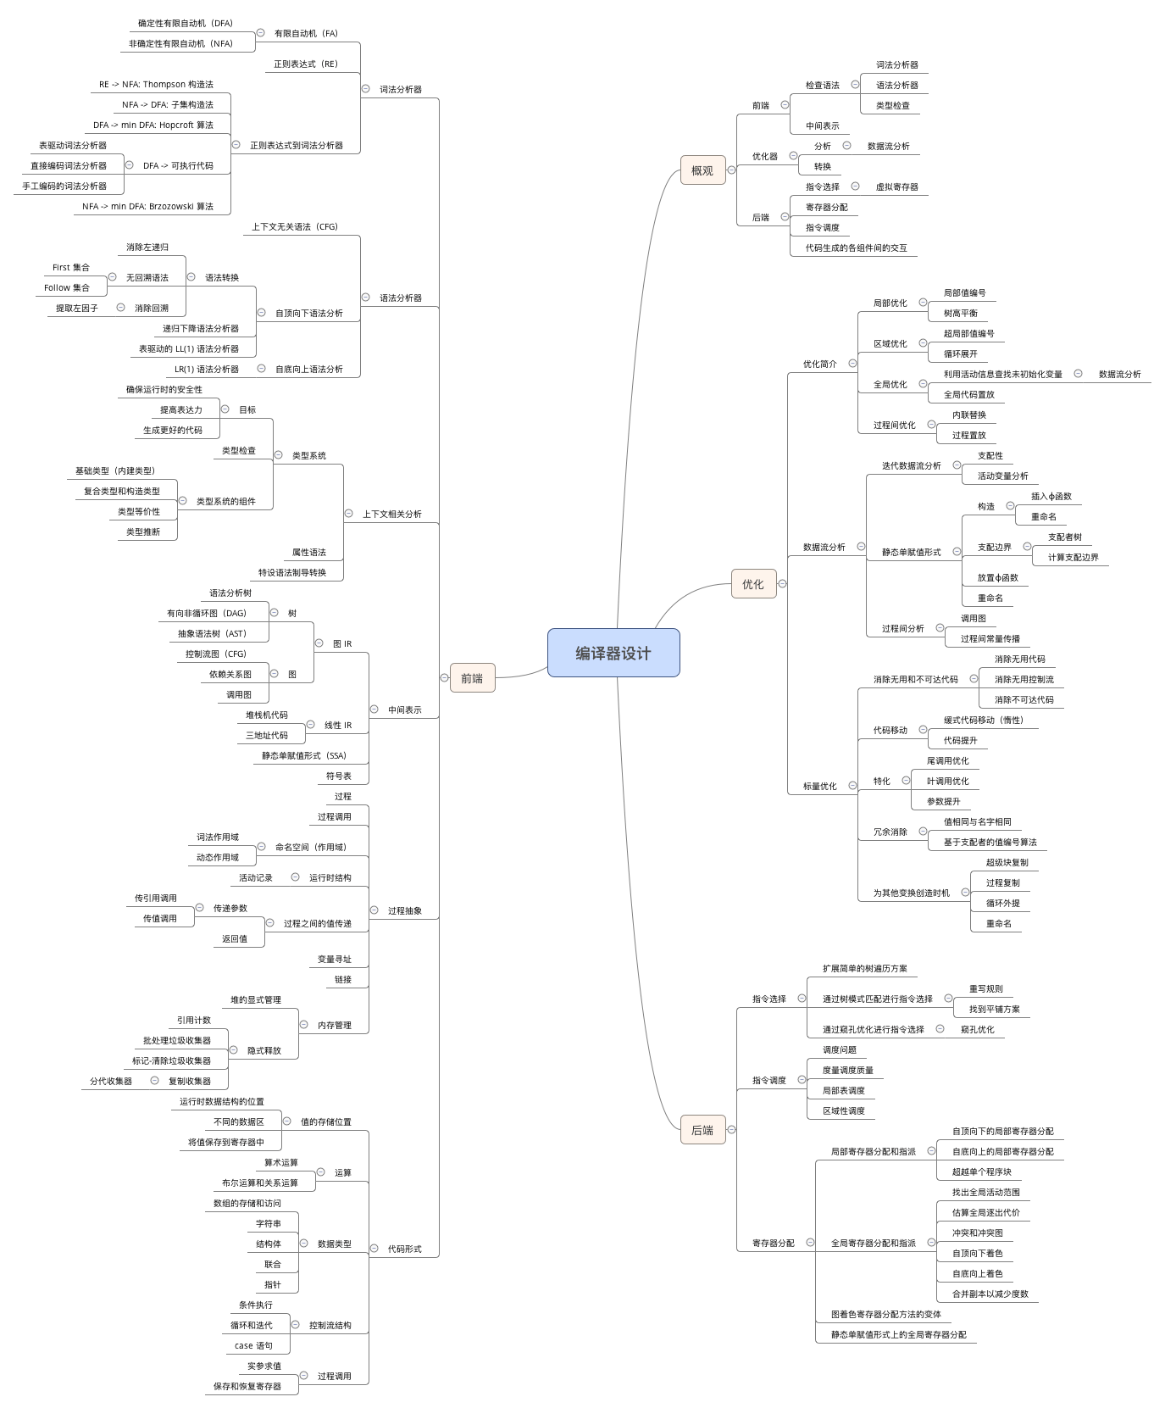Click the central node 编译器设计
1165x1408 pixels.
click(x=613, y=653)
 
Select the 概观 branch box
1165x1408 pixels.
click(x=702, y=170)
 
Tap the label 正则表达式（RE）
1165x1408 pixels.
click(x=306, y=64)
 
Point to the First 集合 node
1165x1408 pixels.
click(x=71, y=267)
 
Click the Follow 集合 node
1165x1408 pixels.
click(x=67, y=287)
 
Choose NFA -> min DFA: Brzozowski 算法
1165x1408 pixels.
click(x=147, y=206)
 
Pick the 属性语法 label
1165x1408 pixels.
click(x=308, y=552)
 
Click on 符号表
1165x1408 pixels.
click(x=338, y=776)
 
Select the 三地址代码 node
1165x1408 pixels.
click(x=267, y=735)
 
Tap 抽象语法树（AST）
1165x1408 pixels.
click(x=212, y=633)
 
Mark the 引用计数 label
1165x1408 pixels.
click(x=194, y=1020)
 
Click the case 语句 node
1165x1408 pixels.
click(x=253, y=1345)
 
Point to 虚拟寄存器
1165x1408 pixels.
click(x=896, y=186)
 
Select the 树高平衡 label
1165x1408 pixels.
click(x=960, y=313)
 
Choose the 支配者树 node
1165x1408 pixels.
click(x=1064, y=537)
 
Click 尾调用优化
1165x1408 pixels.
click(x=947, y=760)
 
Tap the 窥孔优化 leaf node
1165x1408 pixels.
click(x=977, y=1029)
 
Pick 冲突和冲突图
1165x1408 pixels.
click(x=977, y=1233)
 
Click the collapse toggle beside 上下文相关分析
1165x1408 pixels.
click(x=348, y=513)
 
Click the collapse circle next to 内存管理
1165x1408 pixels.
click(x=303, y=1024)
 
